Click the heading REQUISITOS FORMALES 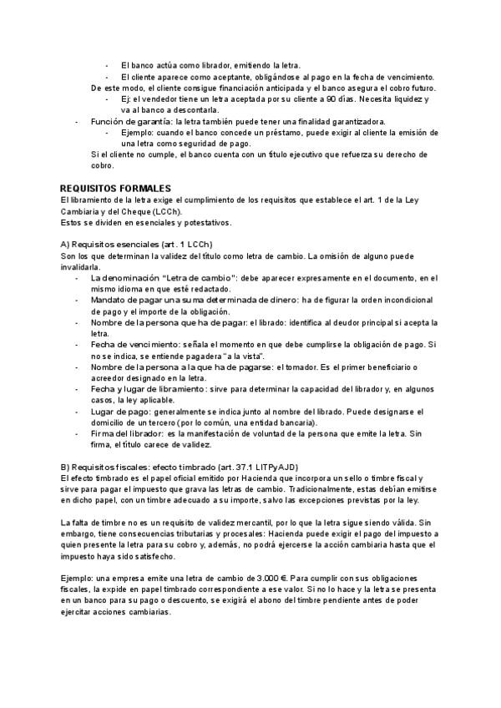tap(115, 188)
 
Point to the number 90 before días tap(331, 99)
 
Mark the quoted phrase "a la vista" tap(225, 355)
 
